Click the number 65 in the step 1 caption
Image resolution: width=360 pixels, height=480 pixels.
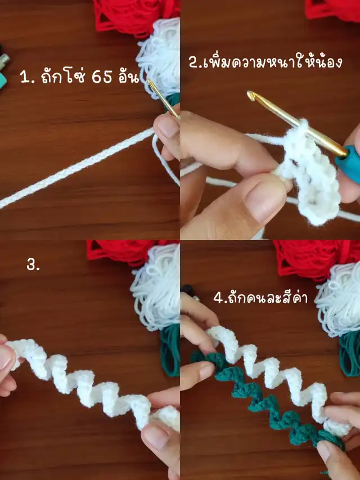[102, 78]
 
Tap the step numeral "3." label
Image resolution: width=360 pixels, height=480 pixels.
[33, 265]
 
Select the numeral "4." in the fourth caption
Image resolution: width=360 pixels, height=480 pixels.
[218, 298]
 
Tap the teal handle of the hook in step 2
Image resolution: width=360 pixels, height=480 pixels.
[348, 164]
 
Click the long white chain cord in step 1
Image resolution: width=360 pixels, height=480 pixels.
[76, 168]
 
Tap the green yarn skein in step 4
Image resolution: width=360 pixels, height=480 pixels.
[350, 355]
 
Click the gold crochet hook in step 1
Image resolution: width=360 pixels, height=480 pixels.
[163, 98]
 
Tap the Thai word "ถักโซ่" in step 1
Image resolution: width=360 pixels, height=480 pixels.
[65, 77]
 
